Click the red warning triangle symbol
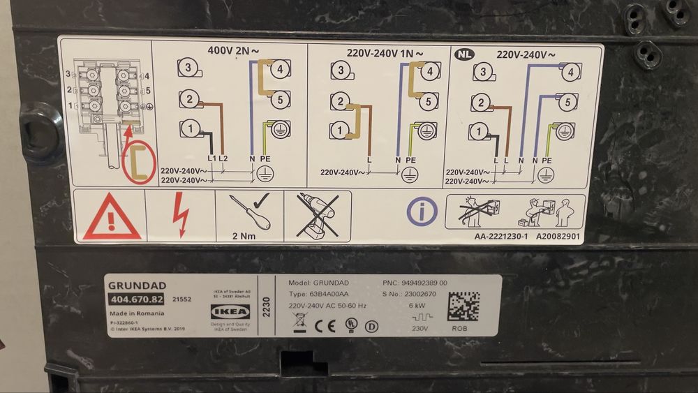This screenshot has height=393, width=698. [x=111, y=216]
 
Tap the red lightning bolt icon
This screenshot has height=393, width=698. [x=180, y=215]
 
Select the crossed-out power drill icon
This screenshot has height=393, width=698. [x=318, y=214]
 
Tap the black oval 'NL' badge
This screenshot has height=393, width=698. [x=463, y=53]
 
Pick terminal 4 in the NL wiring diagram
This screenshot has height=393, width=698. [x=570, y=72]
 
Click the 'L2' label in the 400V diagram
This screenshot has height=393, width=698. [x=223, y=160]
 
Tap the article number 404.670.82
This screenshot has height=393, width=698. [x=136, y=300]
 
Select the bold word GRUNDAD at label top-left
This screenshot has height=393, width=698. [x=131, y=286]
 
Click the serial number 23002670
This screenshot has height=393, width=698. [x=419, y=295]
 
